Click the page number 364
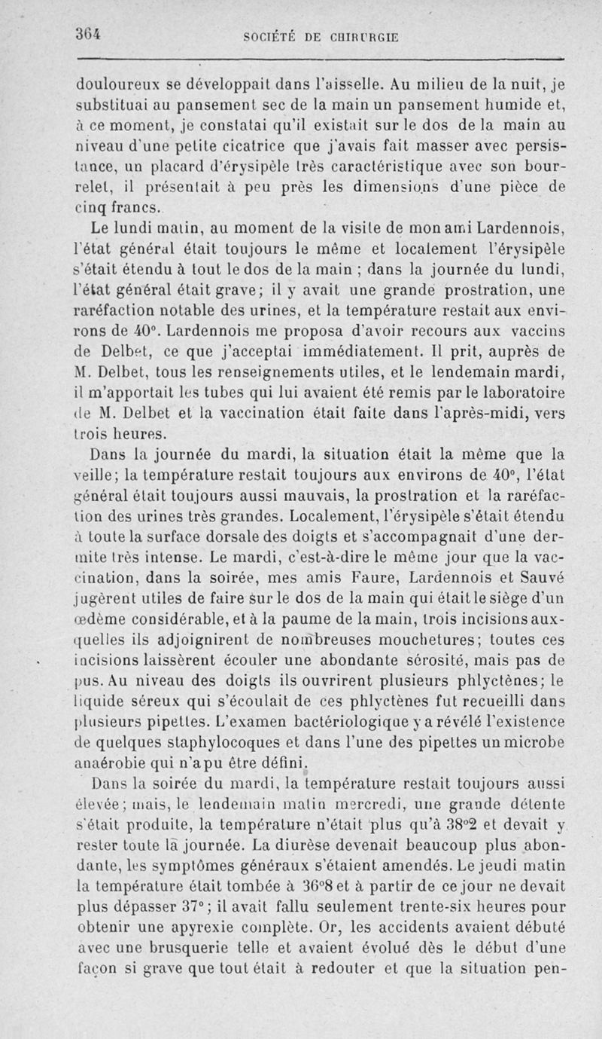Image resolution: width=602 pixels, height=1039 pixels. click(89, 35)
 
